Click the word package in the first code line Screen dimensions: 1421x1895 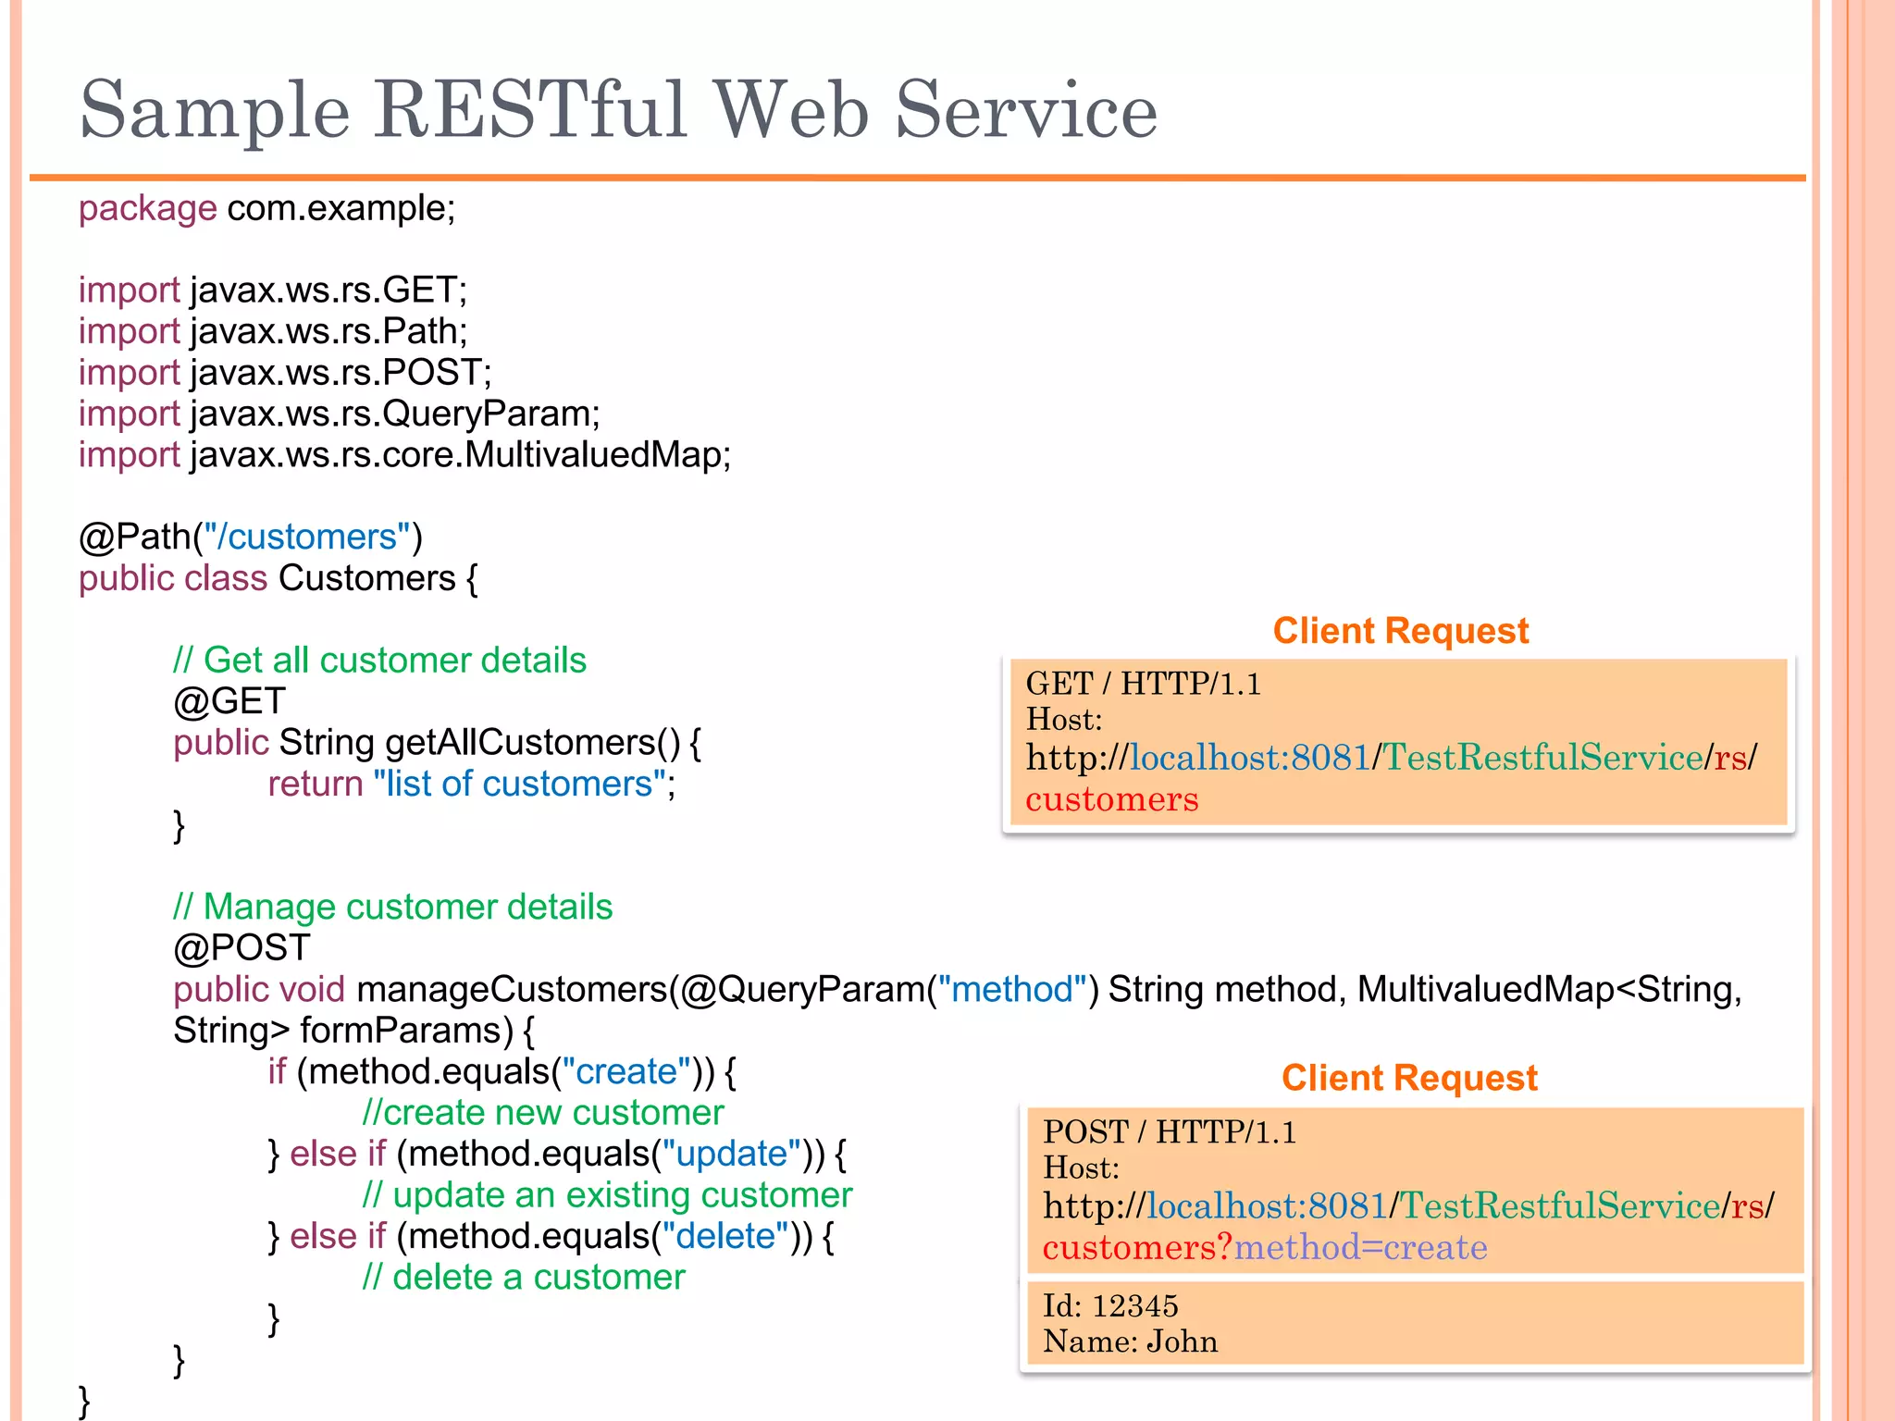[x=147, y=209]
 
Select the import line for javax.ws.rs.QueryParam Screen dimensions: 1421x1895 [x=339, y=414]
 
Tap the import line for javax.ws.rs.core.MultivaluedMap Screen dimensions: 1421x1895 [x=404, y=455]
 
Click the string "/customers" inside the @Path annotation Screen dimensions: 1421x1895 [x=306, y=538]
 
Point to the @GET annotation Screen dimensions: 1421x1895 [x=229, y=701]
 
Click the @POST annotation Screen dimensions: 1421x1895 [x=242, y=948]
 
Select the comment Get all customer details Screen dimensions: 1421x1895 [x=379, y=661]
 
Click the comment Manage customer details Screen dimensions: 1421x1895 [x=392, y=908]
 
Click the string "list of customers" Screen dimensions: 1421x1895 [x=520, y=785]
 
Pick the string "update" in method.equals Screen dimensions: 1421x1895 [x=731, y=1155]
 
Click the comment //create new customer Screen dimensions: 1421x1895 [x=543, y=1113]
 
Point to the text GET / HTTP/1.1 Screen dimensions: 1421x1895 [x=1143, y=685]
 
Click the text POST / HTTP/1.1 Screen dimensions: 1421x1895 [x=1169, y=1132]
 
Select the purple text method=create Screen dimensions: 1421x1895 [x=1360, y=1248]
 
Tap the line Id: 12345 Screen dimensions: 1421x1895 [x=1110, y=1306]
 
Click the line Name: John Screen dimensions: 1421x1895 [x=1130, y=1342]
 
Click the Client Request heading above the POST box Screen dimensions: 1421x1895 [x=1408, y=1079]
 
